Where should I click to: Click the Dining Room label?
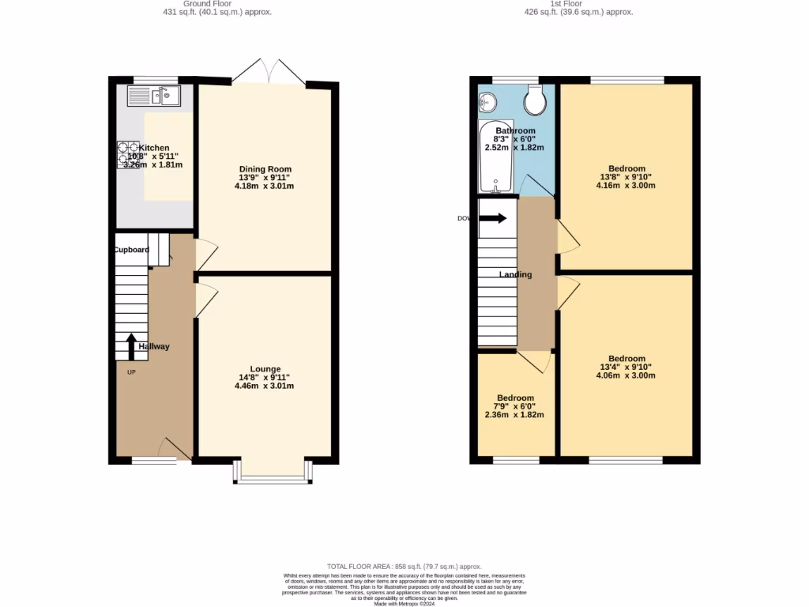(265, 169)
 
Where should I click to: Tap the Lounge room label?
(265, 369)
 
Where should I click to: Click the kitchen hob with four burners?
(128, 155)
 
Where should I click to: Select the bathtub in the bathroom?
(495, 157)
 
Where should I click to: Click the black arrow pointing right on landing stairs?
(493, 218)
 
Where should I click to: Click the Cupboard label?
(131, 250)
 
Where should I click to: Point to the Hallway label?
(154, 346)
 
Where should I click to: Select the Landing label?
(515, 275)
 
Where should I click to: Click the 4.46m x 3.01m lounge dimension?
(265, 386)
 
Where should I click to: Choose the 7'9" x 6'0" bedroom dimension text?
(515, 406)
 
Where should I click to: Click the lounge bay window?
(273, 473)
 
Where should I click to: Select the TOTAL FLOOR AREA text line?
(404, 567)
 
